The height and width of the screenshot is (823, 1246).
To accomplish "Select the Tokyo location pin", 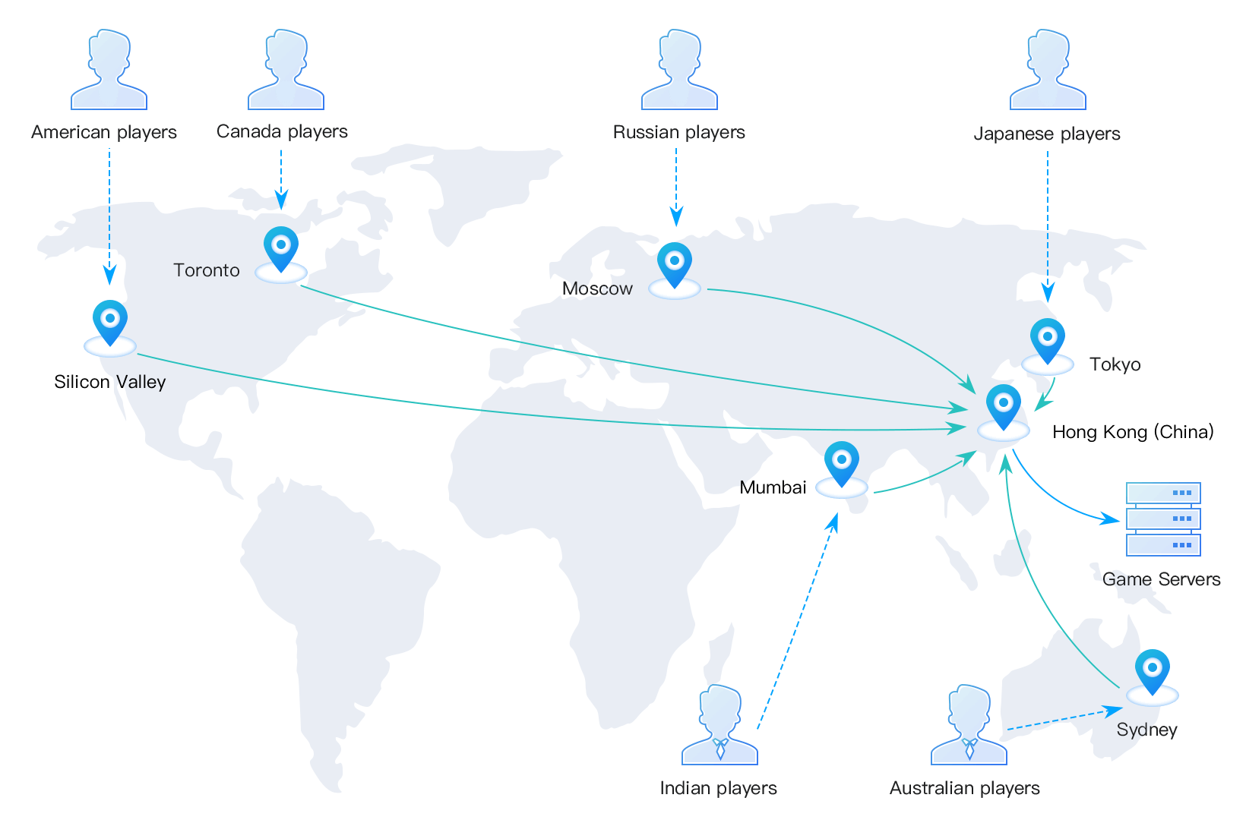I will click(1048, 341).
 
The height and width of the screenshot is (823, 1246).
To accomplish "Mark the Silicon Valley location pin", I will click(110, 323).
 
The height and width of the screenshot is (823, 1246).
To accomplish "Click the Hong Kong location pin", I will click(1004, 407).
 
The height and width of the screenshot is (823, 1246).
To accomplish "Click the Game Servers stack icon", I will click(1163, 519).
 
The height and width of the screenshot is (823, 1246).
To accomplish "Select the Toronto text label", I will click(207, 270).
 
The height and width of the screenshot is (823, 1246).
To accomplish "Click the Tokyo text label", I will click(1115, 364).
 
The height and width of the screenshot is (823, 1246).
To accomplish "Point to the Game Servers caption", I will click(1162, 579).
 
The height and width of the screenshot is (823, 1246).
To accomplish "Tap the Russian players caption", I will click(678, 132).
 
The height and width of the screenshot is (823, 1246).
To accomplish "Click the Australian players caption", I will click(964, 788).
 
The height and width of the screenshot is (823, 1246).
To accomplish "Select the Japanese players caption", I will click(1046, 134).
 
